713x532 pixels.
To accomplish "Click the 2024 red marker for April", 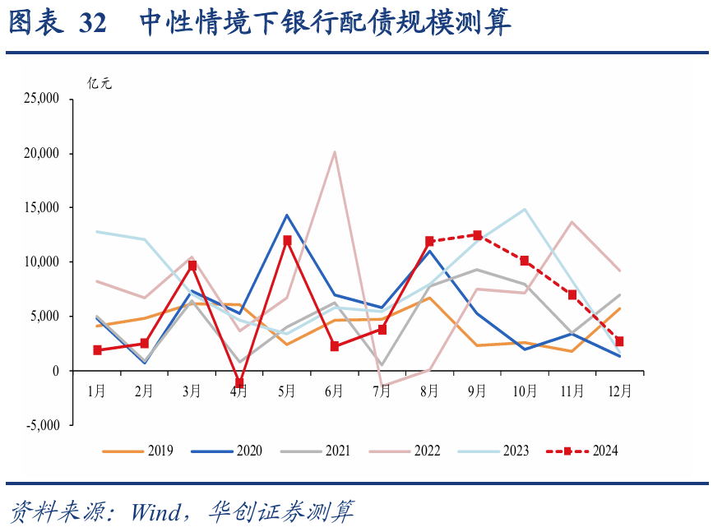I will point(239,383).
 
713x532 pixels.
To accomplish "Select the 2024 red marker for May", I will point(287,240).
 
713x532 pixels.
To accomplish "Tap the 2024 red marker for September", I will point(477,235).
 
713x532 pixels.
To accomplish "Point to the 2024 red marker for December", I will point(619,341).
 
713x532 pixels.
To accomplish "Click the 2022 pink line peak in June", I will point(334,151).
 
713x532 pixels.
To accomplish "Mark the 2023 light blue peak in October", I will point(525,209).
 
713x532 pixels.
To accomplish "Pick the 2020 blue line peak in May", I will point(287,215).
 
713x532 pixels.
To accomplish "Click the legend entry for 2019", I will point(137,451).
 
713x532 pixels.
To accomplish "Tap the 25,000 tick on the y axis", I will point(43,99).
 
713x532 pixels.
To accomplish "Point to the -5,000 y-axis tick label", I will point(44,425).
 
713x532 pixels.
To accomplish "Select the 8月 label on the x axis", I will point(429,391).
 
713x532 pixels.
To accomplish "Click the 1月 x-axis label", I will point(97,391).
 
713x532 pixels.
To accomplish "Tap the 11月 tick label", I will point(572,391).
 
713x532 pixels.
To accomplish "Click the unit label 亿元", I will point(100,83).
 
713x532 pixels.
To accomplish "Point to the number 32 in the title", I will point(93,24).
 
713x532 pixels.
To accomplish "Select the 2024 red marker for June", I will point(335,346).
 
